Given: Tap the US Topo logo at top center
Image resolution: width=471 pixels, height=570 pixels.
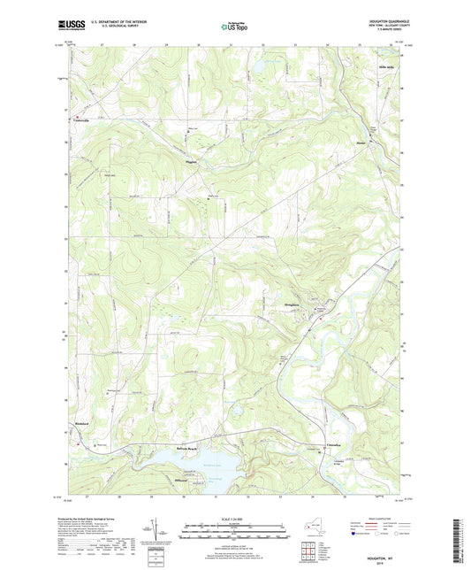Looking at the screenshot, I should point(235,27).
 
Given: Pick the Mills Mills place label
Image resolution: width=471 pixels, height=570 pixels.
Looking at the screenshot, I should point(388,66).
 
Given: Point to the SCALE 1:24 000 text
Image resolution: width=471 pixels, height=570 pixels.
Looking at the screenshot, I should point(235,519).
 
